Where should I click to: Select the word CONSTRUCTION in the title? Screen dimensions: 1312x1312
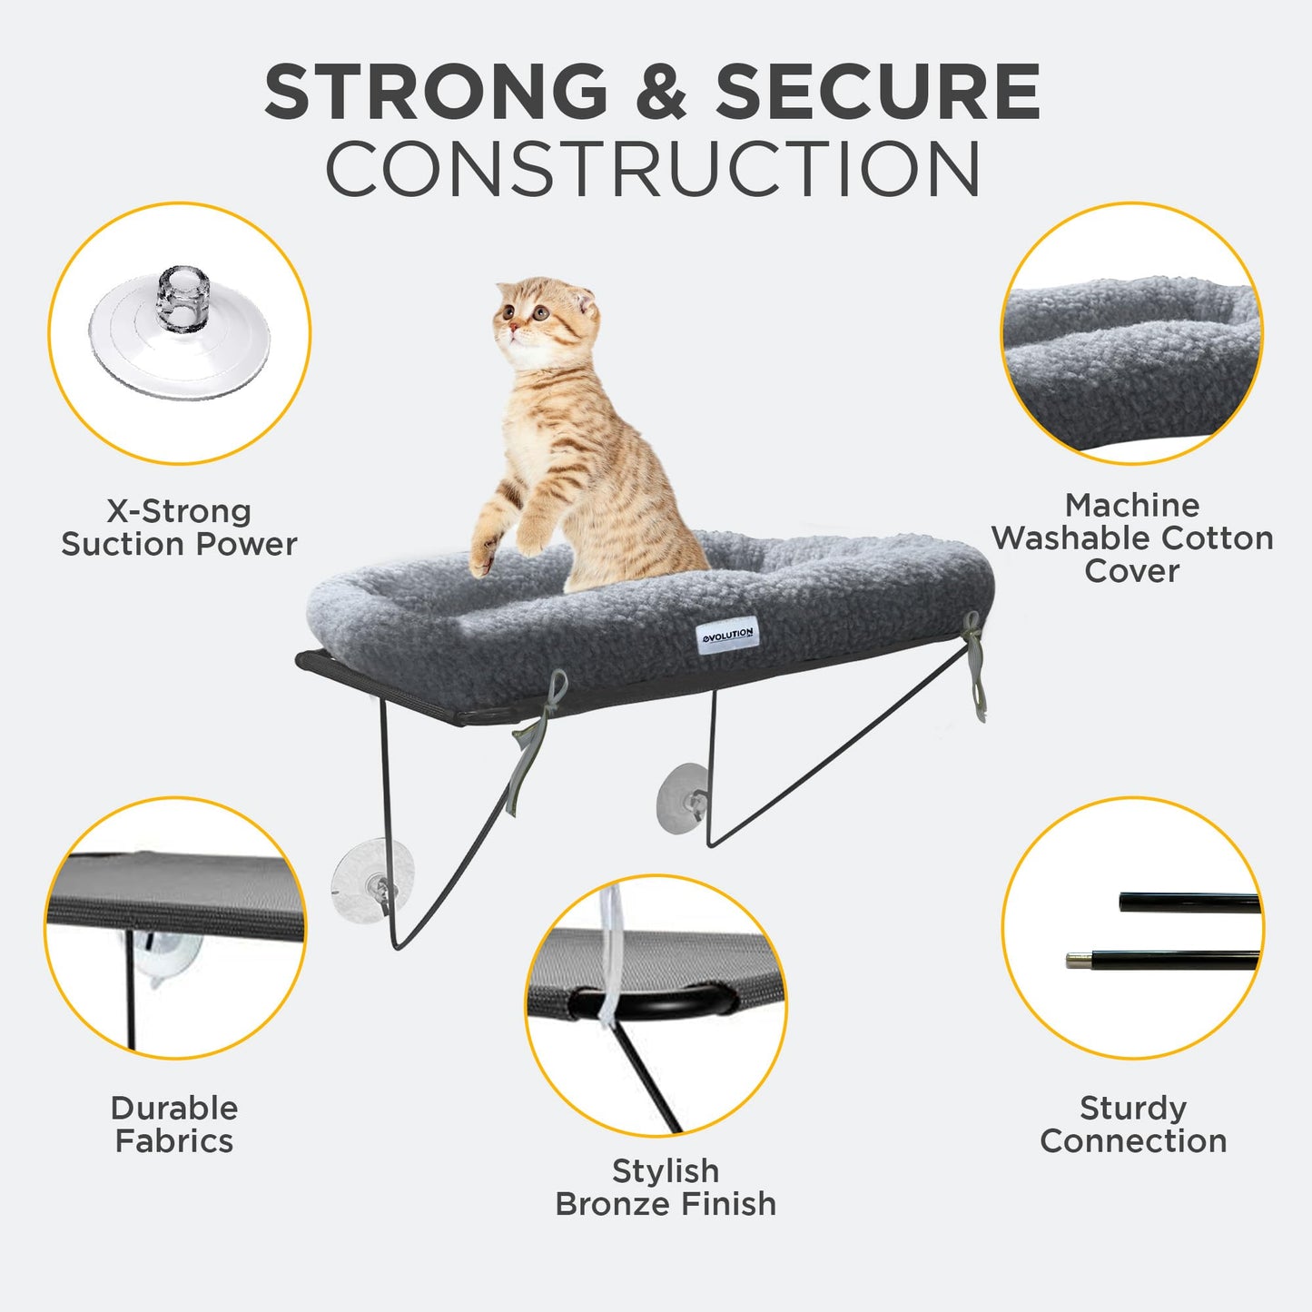click(x=653, y=170)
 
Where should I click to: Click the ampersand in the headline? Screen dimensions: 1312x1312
click(x=662, y=92)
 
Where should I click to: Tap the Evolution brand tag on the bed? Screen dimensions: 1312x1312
click(x=727, y=634)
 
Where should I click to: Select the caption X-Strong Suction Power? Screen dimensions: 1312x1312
click(x=179, y=528)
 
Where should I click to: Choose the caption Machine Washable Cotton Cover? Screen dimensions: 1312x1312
click(x=1132, y=538)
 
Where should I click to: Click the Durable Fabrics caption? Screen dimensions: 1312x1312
click(x=174, y=1124)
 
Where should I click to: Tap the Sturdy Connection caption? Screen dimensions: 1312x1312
click(x=1133, y=1124)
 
